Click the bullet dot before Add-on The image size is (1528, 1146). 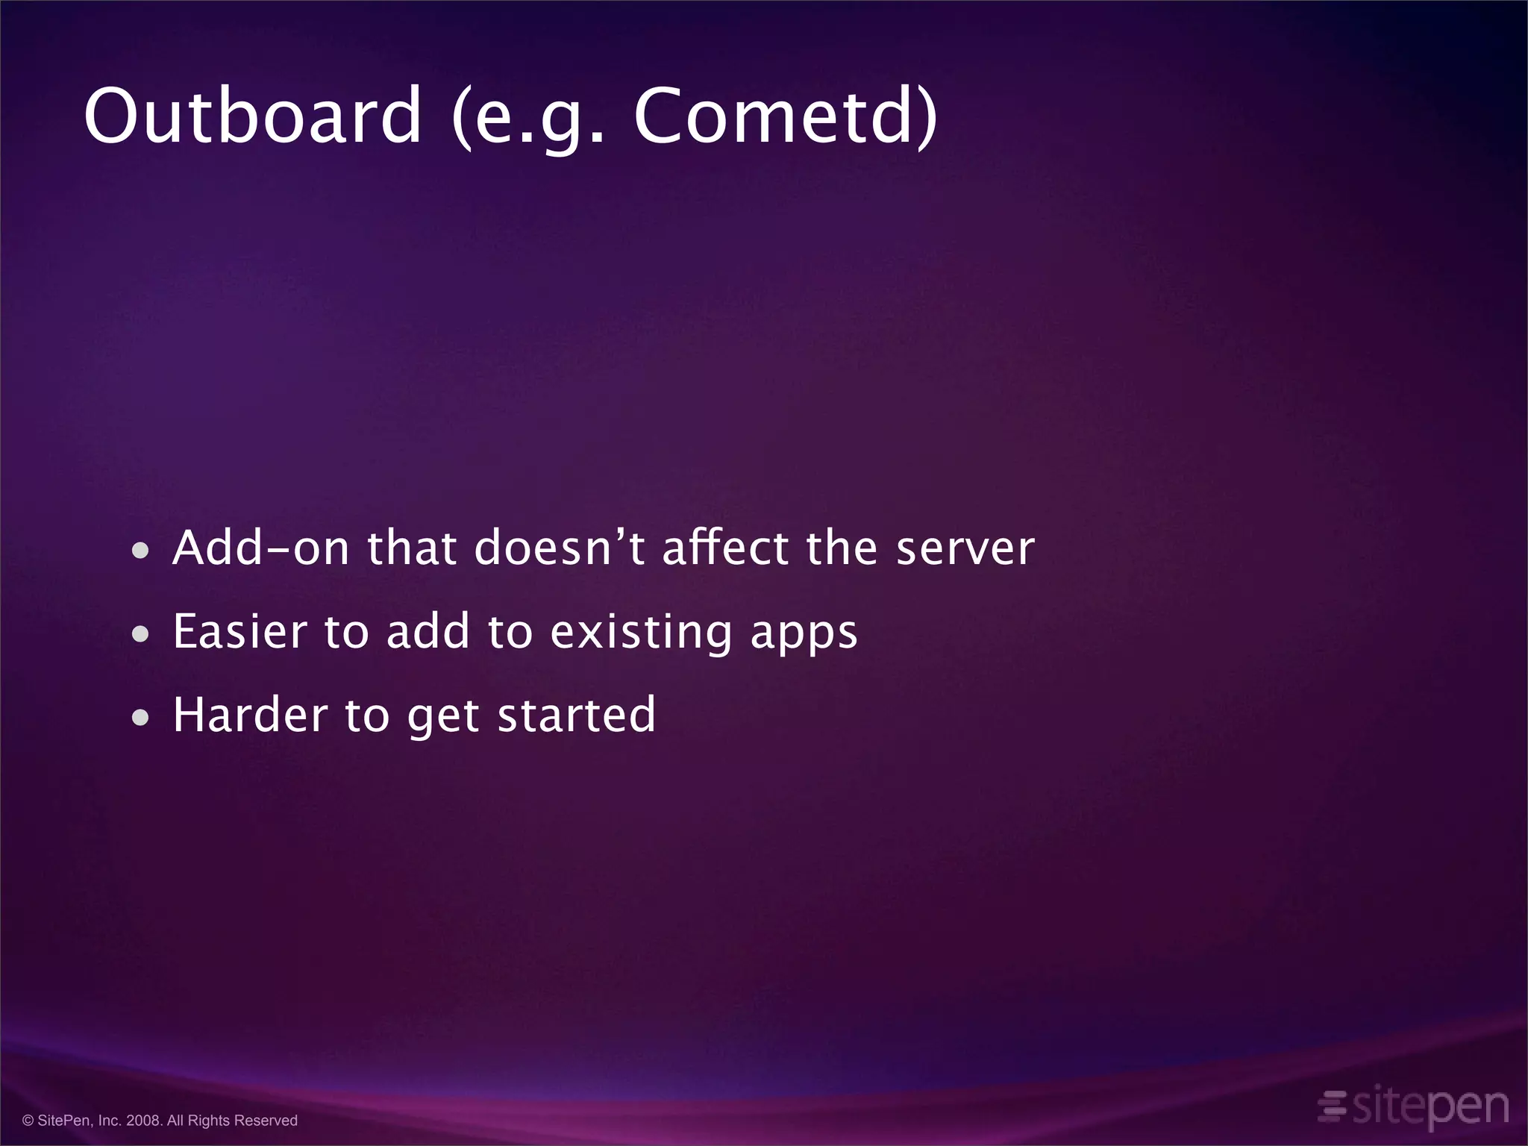tap(140, 552)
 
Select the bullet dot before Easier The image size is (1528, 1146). tap(140, 635)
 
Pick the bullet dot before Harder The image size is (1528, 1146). tap(140, 718)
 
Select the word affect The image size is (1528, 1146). tap(726, 548)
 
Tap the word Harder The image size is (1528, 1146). tap(250, 715)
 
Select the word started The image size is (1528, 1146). tap(576, 715)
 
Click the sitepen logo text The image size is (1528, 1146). tap(1430, 1106)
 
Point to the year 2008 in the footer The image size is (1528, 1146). tap(143, 1121)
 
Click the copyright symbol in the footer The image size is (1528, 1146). tap(28, 1121)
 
